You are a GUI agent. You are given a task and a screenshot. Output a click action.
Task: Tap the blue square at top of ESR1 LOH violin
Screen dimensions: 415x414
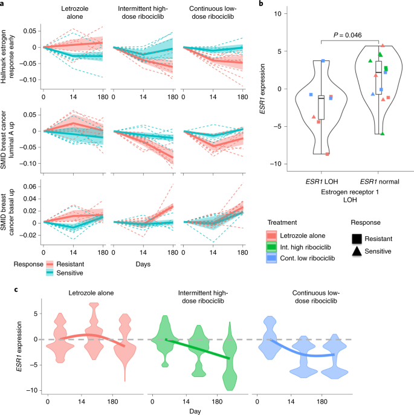(323, 61)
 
